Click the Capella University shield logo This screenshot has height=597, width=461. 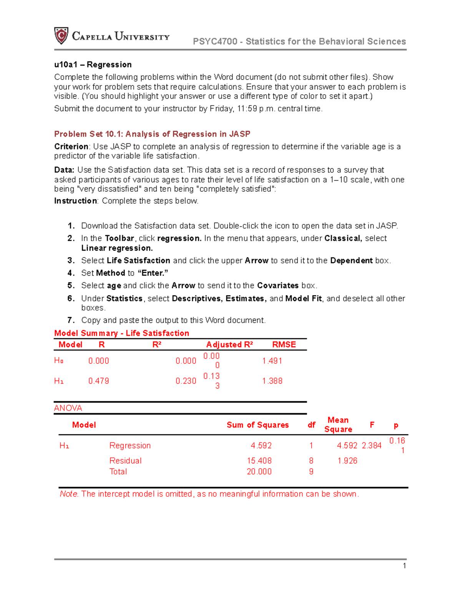tap(61, 36)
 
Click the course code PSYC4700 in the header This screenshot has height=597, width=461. tap(215, 42)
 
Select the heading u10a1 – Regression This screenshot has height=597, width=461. tap(93, 65)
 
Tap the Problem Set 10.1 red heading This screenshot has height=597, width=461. tap(152, 134)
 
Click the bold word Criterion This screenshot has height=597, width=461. tap(71, 146)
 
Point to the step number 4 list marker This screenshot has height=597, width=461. tap(71, 273)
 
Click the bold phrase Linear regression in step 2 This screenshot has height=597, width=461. tap(117, 248)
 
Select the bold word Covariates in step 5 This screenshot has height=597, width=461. tap(278, 285)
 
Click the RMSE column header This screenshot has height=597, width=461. tap(284, 344)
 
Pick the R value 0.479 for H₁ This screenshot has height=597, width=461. tap(99, 381)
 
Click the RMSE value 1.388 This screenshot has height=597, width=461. tap(272, 381)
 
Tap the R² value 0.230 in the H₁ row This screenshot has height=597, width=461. tap(186, 381)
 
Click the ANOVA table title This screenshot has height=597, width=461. tap(68, 408)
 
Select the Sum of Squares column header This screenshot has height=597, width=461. tap(257, 425)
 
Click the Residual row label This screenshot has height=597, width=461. tap(125, 461)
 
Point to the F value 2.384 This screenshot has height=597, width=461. tap(371, 446)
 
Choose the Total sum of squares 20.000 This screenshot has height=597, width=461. tap(259, 472)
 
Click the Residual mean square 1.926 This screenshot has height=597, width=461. tap(347, 461)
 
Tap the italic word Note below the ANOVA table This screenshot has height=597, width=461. tap(69, 494)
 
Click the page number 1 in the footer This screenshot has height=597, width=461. tap(404, 565)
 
